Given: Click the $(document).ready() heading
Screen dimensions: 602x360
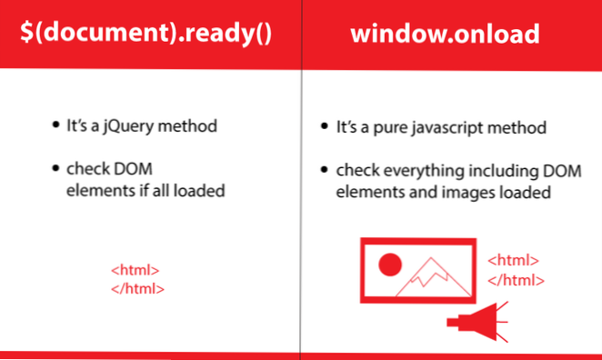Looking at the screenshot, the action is coord(149,34).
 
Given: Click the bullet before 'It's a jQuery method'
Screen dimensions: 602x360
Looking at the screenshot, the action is coord(55,125).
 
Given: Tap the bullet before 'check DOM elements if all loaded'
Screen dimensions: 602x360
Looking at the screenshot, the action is coord(55,168).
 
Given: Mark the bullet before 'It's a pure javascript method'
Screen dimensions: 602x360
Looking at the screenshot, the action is coord(326,126).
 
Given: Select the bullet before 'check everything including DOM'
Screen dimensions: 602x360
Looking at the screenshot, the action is coord(326,169).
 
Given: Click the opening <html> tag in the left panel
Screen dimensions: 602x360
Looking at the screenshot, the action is coord(135,270).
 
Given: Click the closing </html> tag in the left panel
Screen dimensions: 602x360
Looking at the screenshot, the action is coord(137,288).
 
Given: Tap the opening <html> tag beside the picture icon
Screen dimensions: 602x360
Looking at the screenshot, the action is coord(514,260).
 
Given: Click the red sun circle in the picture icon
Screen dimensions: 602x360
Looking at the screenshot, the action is coord(390,265).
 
